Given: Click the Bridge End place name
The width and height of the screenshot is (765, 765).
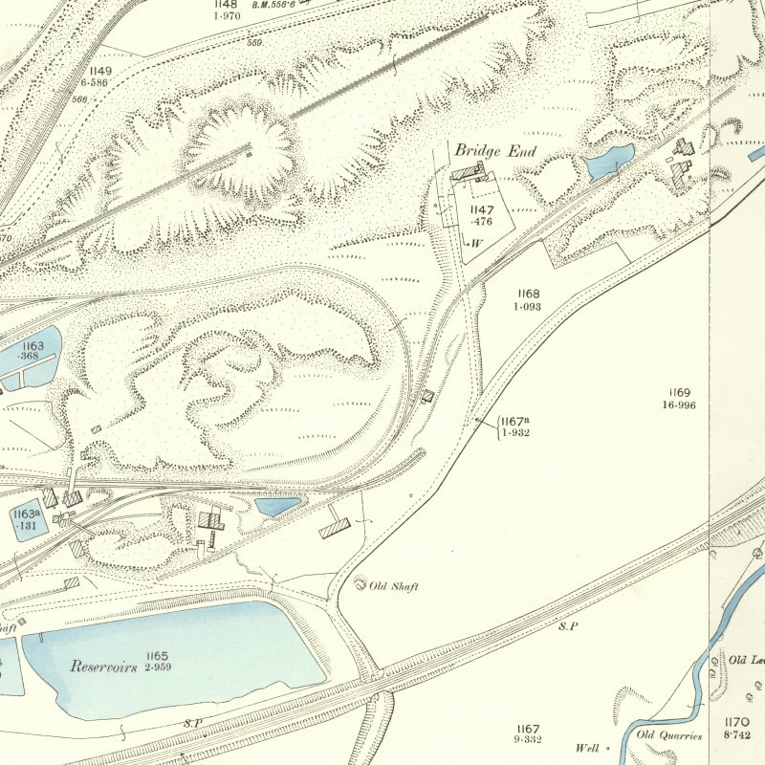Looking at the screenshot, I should coord(495,151).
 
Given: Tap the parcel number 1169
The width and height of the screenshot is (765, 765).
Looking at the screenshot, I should coord(680,393).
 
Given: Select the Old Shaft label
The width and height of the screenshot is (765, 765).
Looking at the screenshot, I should coord(394,585).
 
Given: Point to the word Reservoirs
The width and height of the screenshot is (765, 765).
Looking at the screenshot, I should coord(103,666).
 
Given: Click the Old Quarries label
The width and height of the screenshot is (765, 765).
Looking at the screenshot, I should coord(670,735).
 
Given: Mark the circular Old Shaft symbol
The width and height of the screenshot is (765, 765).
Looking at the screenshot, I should coord(361,582).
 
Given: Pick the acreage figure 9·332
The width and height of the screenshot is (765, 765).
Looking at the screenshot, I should coord(526,740).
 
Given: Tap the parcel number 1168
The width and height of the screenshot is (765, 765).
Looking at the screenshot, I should coord(529,294).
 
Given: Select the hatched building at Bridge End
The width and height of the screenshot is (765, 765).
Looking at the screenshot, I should coord(469,171).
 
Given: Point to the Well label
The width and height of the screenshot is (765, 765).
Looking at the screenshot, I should coord(586,748).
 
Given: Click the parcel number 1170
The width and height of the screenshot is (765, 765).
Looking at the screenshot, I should coord(736,722).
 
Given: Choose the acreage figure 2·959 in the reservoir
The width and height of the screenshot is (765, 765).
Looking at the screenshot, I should coord(158,667).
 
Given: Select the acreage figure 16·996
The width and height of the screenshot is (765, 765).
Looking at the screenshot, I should coord(680,405).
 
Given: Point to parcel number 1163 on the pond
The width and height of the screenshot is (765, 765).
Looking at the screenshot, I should coord(33,345).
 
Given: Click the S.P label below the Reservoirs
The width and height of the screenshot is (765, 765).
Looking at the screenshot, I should coord(192,724).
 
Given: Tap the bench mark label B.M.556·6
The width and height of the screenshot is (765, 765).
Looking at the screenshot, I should coord(273,5).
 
